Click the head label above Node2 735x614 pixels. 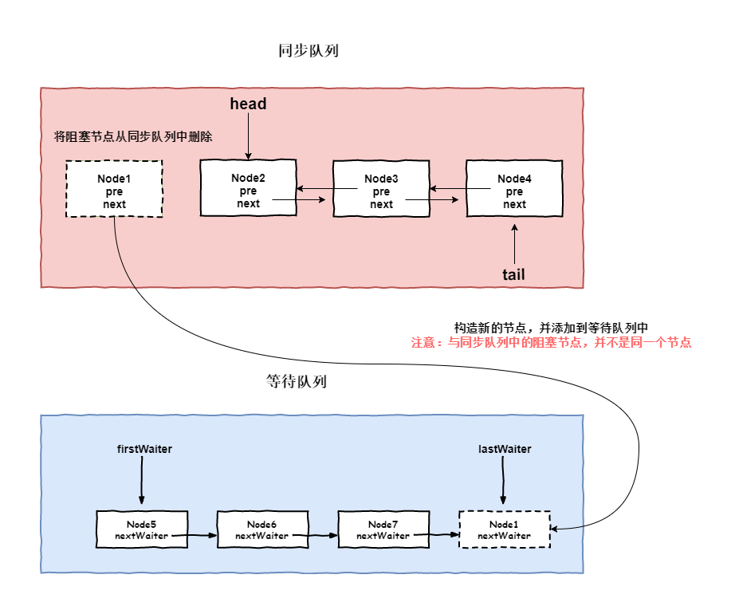(248, 104)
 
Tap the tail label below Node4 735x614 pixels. (513, 274)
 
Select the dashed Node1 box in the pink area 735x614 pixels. (114, 189)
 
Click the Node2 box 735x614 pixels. (248, 187)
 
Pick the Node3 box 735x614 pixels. (381, 188)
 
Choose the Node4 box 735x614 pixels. (514, 188)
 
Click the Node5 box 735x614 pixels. (142, 529)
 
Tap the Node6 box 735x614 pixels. (262, 529)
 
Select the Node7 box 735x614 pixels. (383, 529)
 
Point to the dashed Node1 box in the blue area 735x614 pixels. (505, 529)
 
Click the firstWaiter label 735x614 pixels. (144, 449)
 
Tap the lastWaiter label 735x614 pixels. (505, 449)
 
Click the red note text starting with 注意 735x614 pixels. (551, 342)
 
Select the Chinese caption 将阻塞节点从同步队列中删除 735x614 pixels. (133, 136)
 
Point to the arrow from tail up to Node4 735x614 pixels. (515, 243)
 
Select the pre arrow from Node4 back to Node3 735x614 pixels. (460, 189)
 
